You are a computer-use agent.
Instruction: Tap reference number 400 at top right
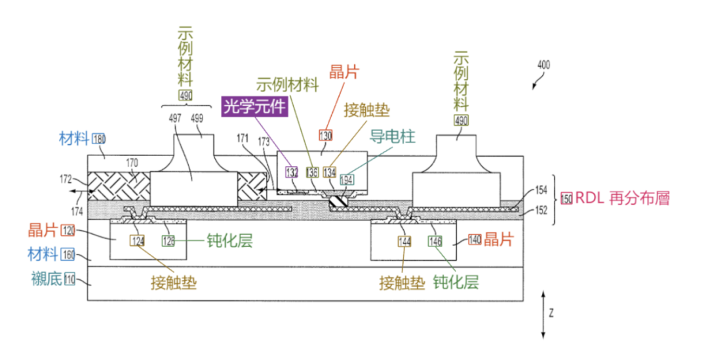coord(543,65)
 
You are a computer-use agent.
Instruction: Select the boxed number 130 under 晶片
coord(326,136)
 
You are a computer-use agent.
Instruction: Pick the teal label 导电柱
coord(393,137)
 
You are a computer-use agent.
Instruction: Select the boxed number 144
coord(404,241)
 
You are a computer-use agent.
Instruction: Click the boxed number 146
coord(436,241)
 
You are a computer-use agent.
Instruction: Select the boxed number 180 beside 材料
coord(99,138)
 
